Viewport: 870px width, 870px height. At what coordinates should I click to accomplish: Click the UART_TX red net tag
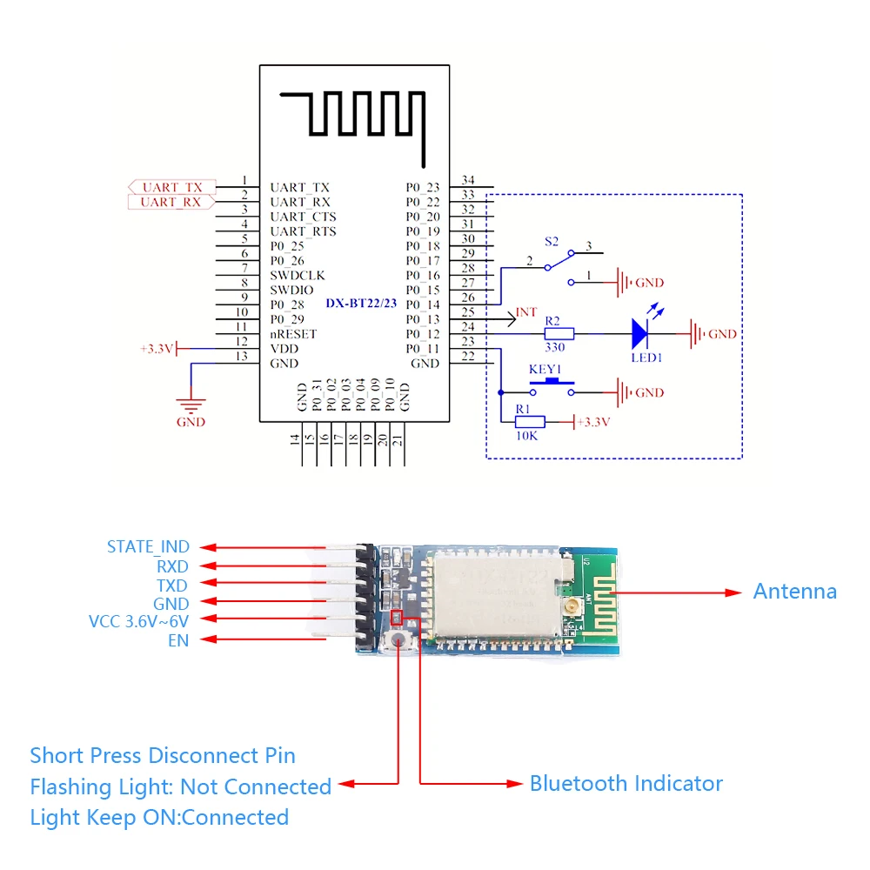171,187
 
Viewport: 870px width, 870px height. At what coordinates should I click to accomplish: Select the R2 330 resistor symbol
559,333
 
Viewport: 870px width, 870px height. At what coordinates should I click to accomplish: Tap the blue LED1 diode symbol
641,332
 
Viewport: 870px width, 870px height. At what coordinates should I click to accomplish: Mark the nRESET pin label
293,334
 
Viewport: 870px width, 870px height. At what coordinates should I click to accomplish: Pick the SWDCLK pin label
297,275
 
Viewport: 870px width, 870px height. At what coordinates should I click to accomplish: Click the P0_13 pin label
423,319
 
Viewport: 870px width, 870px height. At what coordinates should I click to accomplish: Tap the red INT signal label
526,312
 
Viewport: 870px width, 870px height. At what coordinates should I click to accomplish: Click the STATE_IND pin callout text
148,547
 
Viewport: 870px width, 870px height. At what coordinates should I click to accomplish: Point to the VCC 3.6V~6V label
139,621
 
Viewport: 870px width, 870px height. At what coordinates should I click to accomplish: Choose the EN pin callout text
178,641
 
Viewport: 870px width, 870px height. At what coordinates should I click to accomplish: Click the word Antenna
794,592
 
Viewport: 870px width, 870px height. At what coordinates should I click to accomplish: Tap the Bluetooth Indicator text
626,783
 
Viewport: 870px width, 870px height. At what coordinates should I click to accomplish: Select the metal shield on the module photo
496,596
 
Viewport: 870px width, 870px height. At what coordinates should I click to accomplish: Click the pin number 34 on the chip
468,180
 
